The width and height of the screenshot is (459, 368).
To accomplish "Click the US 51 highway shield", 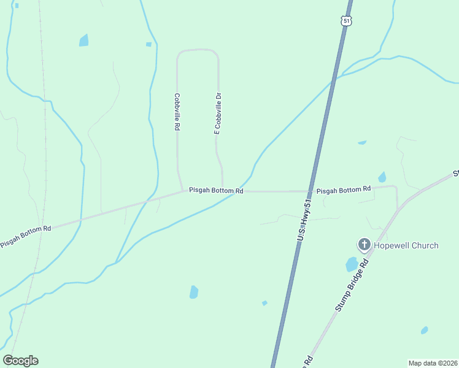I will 347,21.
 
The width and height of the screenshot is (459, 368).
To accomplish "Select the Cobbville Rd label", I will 177,111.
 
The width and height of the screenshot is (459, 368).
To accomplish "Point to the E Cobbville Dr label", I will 217,113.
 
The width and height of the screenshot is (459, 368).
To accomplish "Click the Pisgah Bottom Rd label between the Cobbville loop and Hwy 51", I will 216,191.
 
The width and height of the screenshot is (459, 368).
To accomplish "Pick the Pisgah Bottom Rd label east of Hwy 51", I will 344,190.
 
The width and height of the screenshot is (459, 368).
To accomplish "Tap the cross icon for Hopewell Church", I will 364,245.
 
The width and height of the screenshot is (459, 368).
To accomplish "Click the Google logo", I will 20,361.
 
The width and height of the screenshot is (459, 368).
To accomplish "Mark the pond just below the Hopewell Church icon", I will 352,264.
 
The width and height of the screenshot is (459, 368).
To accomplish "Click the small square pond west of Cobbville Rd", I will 148,44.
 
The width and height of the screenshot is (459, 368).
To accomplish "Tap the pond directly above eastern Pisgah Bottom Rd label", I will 382,177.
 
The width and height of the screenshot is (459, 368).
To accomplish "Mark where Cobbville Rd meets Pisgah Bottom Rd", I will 182,191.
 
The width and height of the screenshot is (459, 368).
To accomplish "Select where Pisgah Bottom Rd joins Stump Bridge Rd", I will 398,209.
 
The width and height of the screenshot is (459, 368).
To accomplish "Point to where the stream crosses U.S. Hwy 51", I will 334,79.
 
